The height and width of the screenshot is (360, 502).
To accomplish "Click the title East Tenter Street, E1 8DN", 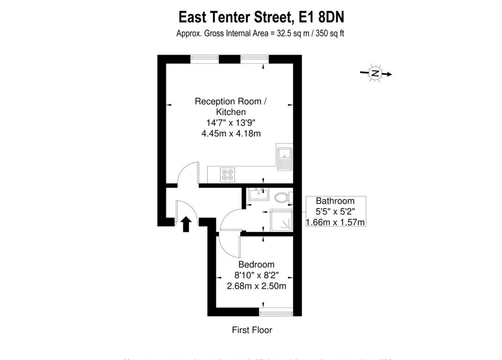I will point(261,17).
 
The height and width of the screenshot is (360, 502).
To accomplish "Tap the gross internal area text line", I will point(260,33).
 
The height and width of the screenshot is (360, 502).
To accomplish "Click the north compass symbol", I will point(375,73).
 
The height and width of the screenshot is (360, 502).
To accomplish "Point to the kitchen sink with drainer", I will point(284,158).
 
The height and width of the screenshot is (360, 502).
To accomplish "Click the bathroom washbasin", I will point(259,195).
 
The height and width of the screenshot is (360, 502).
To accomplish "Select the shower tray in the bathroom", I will point(281,220).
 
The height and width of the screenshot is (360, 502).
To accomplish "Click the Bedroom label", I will point(256,264).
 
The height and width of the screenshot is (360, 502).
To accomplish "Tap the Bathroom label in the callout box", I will point(335,201).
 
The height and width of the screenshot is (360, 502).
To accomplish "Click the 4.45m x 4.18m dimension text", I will point(231,133).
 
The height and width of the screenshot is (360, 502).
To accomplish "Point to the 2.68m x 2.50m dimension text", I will point(256,286).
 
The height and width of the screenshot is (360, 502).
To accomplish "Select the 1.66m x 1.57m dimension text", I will point(335,222).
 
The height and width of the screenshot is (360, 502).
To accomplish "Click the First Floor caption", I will point(252,330).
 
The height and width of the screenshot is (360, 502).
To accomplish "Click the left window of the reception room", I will point(204,58).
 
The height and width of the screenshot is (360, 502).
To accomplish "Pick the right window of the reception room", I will point(255,58).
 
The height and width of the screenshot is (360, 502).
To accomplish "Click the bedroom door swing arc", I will point(229,247).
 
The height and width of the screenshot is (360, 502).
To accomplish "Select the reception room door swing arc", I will point(188,173).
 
